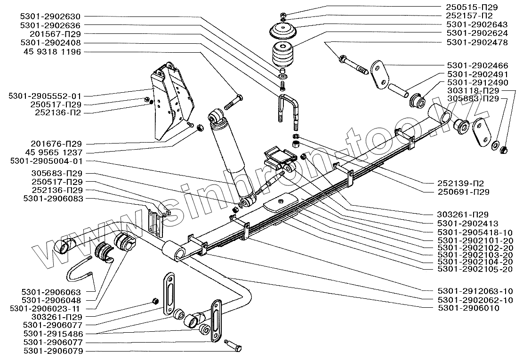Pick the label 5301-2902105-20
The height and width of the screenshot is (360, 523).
[x=475, y=269]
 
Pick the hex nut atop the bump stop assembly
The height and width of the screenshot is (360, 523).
[x=282, y=15]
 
